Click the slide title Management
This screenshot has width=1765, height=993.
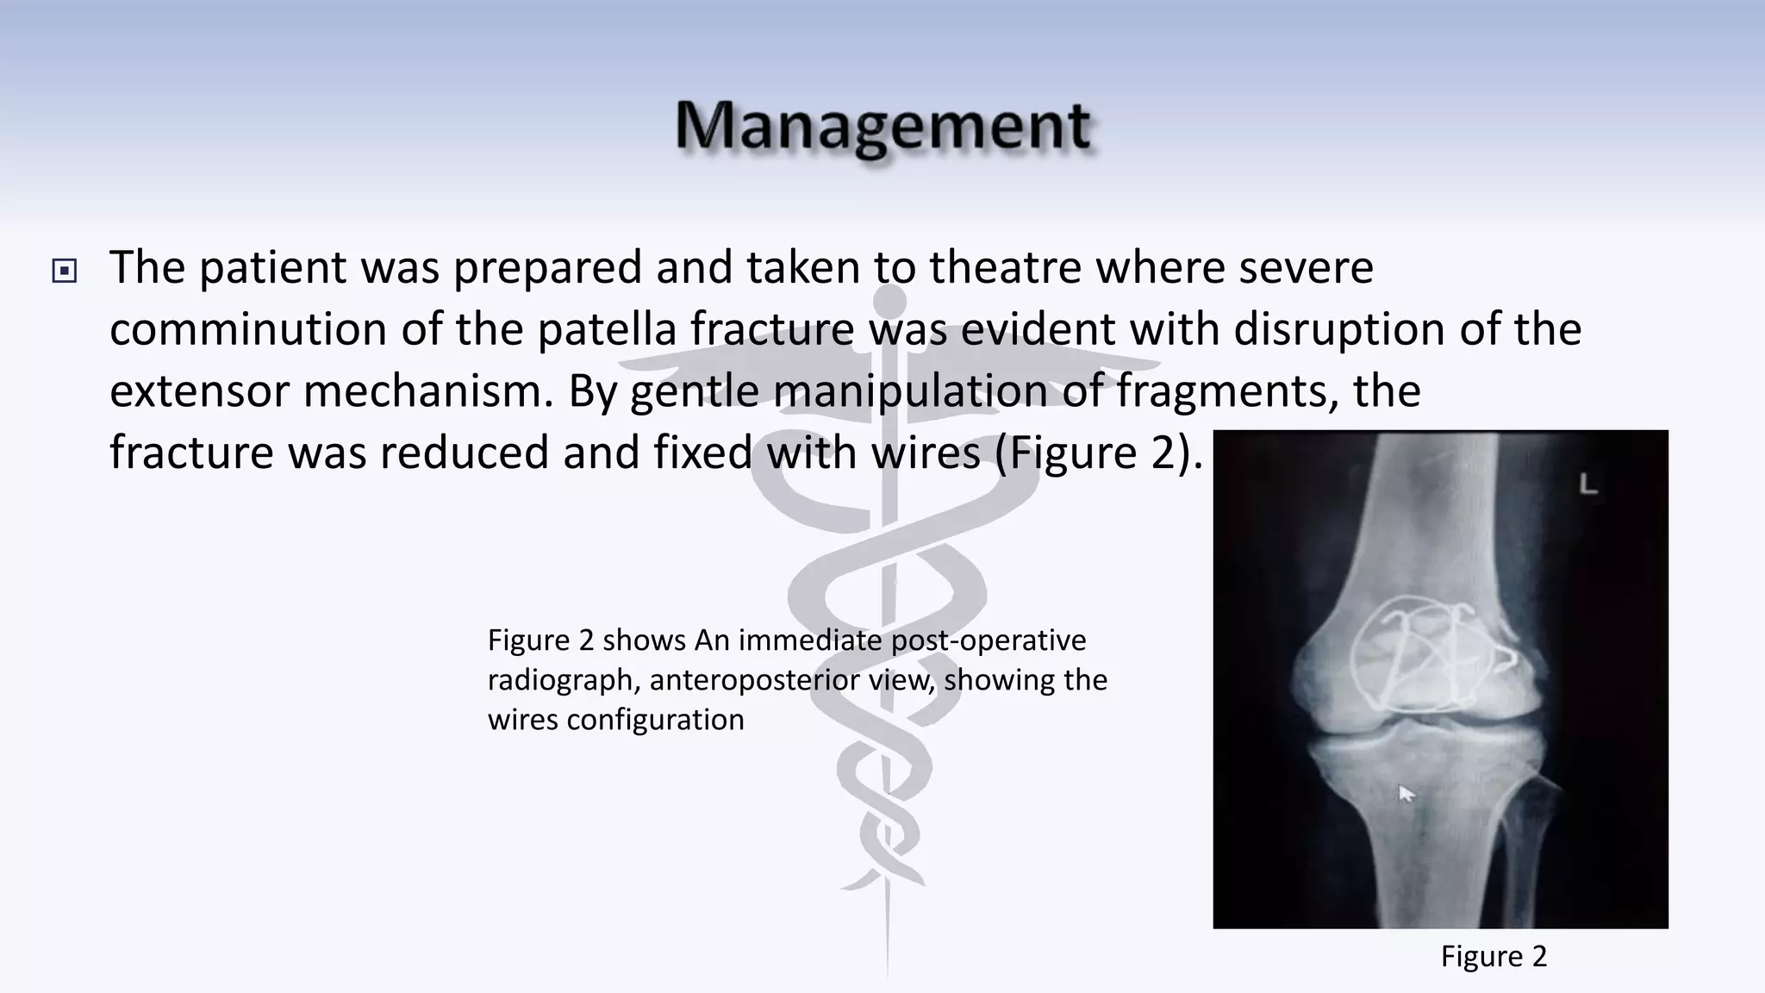click(882, 127)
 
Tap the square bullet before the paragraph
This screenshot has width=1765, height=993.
click(65, 272)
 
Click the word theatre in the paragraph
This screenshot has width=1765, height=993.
click(1005, 267)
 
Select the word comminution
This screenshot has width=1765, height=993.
click(247, 329)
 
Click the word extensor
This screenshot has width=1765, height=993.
click(200, 391)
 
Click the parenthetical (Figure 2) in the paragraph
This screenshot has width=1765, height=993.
click(1098, 453)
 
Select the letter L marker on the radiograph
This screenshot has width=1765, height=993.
click(1588, 485)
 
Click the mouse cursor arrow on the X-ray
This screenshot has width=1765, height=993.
click(1405, 792)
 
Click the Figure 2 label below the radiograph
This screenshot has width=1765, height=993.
click(1494, 957)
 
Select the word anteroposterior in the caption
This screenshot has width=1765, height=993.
click(792, 680)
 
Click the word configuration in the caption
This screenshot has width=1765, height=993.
click(655, 720)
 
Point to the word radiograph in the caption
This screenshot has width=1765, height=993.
click(562, 680)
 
